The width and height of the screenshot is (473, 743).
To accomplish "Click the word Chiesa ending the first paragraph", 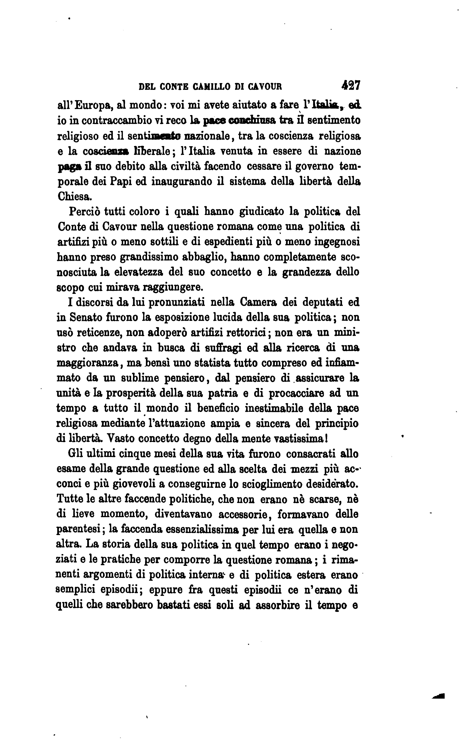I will coord(74,196).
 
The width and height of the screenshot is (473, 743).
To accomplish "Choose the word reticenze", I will coord(99,333).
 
